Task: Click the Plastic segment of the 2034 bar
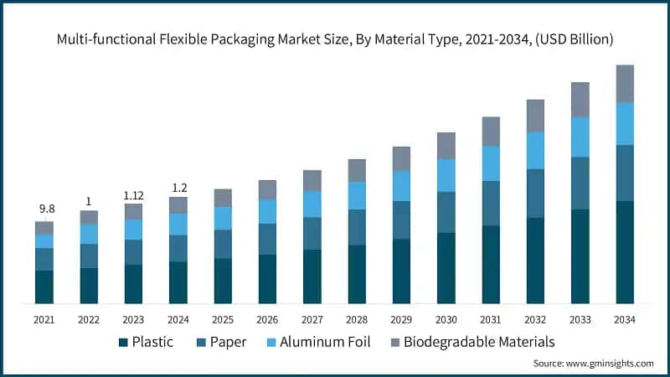(x=625, y=252)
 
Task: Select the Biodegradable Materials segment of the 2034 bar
(x=625, y=84)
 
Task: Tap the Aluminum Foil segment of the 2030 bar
(x=446, y=175)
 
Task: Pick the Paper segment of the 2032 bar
(x=536, y=194)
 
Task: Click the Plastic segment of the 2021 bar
(x=44, y=287)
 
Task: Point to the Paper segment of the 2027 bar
(x=312, y=233)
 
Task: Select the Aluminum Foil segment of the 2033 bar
(x=580, y=137)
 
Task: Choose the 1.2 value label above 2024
(x=178, y=186)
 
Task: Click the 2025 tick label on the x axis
(x=223, y=320)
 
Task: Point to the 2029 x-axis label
(x=401, y=320)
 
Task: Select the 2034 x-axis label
(x=625, y=320)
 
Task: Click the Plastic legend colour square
(x=124, y=342)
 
